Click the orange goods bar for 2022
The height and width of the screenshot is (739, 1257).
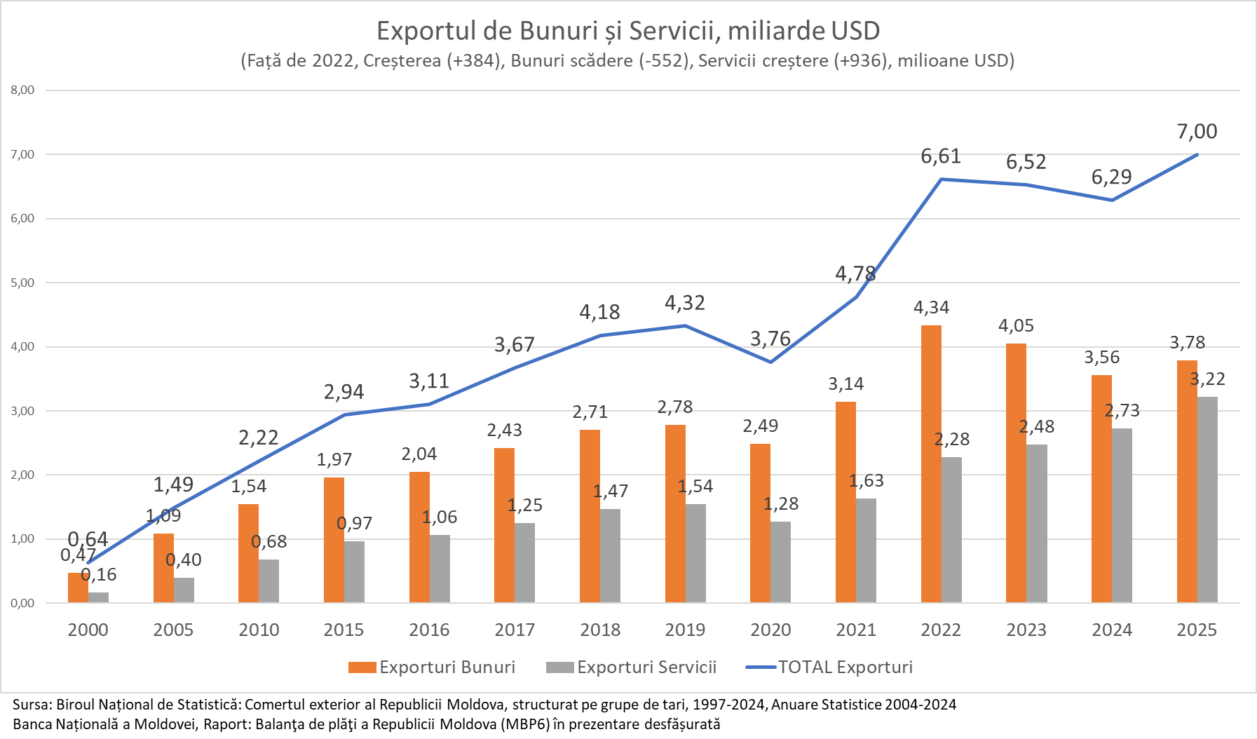click(x=931, y=463)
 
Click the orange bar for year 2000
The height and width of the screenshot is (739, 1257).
click(x=78, y=588)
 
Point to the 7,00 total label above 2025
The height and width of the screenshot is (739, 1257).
click(x=1197, y=131)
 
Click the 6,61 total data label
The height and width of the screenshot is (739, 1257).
click(x=941, y=156)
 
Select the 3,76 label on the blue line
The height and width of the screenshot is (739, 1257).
click(x=770, y=339)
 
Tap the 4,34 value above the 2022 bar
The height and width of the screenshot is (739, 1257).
click(x=931, y=308)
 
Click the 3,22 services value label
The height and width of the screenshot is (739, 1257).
click(x=1207, y=379)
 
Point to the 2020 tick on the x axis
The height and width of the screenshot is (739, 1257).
click(x=770, y=630)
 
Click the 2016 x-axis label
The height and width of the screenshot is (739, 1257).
click(x=429, y=630)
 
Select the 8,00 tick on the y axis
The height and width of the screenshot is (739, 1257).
click(x=22, y=90)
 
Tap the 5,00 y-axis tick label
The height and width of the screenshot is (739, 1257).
click(x=22, y=283)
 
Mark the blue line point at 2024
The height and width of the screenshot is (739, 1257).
click(x=1112, y=200)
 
